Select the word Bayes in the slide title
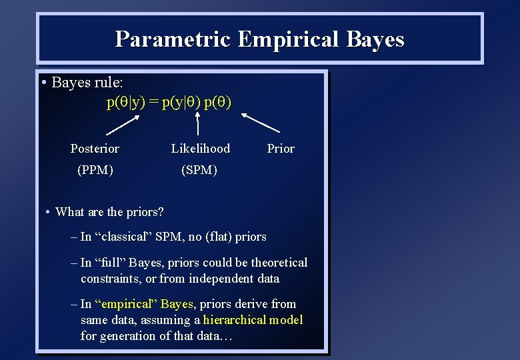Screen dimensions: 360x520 (375, 39)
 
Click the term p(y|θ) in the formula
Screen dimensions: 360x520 (179, 103)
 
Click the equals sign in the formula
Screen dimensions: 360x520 (153, 103)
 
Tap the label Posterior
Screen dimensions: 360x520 (95, 149)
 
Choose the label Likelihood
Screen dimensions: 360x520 (200, 149)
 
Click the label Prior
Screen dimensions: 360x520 (281, 149)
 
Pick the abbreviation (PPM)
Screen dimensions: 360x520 (95, 170)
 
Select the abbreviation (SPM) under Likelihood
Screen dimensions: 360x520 (199, 170)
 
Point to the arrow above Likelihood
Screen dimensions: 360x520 (198, 124)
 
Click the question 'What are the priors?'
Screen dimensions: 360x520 (109, 212)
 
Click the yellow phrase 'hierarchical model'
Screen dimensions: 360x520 (253, 320)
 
